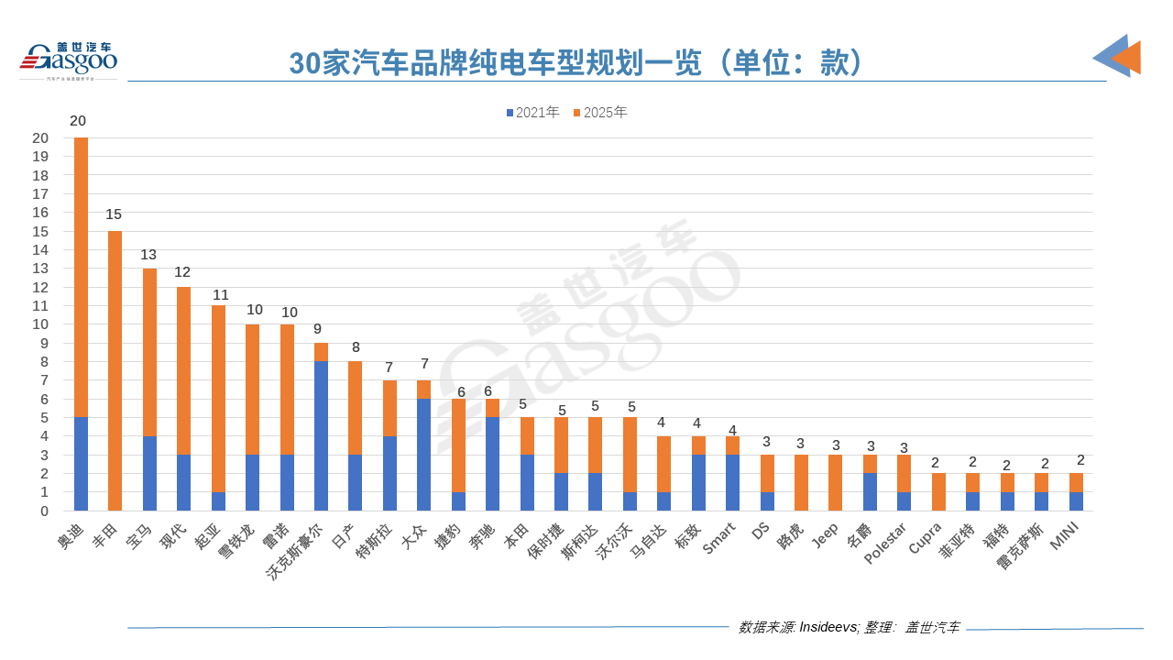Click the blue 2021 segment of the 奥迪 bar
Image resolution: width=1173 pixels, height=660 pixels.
81,464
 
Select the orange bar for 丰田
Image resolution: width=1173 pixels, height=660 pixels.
115,370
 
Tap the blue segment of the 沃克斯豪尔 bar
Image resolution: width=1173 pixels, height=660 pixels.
321,435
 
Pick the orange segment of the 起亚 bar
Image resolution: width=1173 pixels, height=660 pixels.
218,399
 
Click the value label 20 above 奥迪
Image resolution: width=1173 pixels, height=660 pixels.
78,121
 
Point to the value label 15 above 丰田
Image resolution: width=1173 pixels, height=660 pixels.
114,214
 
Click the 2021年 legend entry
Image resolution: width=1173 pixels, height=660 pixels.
532,113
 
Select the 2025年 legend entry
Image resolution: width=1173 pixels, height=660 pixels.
600,113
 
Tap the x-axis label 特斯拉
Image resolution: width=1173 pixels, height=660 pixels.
374,545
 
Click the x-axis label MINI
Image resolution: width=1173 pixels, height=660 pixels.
1066,537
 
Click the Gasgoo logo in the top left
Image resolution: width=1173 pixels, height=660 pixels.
70,60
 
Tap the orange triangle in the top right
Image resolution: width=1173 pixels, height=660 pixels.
1126,58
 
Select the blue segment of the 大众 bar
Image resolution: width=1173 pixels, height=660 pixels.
424,455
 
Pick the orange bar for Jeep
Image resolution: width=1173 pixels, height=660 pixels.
835,482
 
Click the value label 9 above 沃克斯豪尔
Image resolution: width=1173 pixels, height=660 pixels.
317,329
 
